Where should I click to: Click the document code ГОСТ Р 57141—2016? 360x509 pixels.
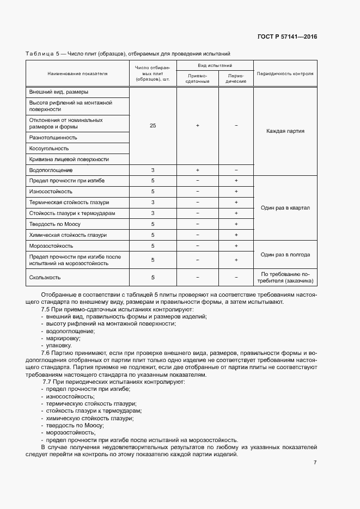pos(286,37)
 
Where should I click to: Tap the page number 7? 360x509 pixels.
pos(315,462)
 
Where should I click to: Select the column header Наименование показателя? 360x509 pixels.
pos(77,73)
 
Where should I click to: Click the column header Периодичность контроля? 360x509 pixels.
pos(285,73)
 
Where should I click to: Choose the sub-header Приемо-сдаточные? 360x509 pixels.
pos(198,78)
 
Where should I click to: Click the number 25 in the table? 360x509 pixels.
pos(152,126)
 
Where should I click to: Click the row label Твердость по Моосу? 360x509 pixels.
pos(56,224)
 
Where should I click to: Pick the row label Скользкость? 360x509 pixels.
pos(45,277)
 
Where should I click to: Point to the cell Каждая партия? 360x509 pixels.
pos(285,131)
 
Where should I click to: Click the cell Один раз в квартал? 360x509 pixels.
pos(285,207)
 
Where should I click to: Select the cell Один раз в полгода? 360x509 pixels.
pos(285,254)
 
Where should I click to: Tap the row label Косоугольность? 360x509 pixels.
pos(49,149)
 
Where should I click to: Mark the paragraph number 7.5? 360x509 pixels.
pos(46,310)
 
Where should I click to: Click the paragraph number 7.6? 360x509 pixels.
pos(46,353)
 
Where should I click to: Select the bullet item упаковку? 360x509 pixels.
pos(59,345)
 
